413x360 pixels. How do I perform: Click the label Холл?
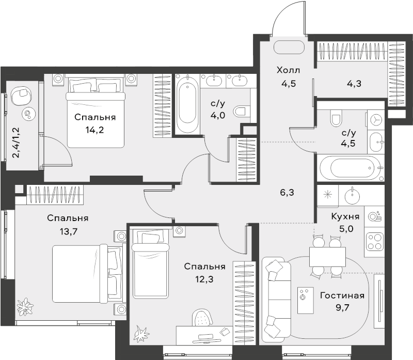(288, 70)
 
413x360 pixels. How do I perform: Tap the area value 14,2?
(94, 130)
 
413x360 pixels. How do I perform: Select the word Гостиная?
(342, 295)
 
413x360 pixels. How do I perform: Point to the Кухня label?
(345, 216)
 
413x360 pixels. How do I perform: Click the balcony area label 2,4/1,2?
(17, 143)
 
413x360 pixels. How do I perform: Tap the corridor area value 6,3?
(287, 193)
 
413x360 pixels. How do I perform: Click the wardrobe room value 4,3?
(354, 84)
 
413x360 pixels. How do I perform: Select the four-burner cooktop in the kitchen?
(374, 241)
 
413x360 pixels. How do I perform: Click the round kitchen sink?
(352, 195)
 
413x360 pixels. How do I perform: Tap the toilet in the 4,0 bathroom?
(241, 111)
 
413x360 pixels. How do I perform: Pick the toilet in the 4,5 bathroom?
(336, 118)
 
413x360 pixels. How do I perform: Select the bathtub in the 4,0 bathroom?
(187, 104)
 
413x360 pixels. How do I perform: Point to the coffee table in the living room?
(306, 300)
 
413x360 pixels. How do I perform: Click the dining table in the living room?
(327, 257)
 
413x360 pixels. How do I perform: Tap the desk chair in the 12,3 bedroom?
(202, 318)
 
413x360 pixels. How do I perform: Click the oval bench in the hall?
(289, 48)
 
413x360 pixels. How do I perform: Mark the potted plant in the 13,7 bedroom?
(25, 306)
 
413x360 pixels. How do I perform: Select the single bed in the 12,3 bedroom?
(150, 264)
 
